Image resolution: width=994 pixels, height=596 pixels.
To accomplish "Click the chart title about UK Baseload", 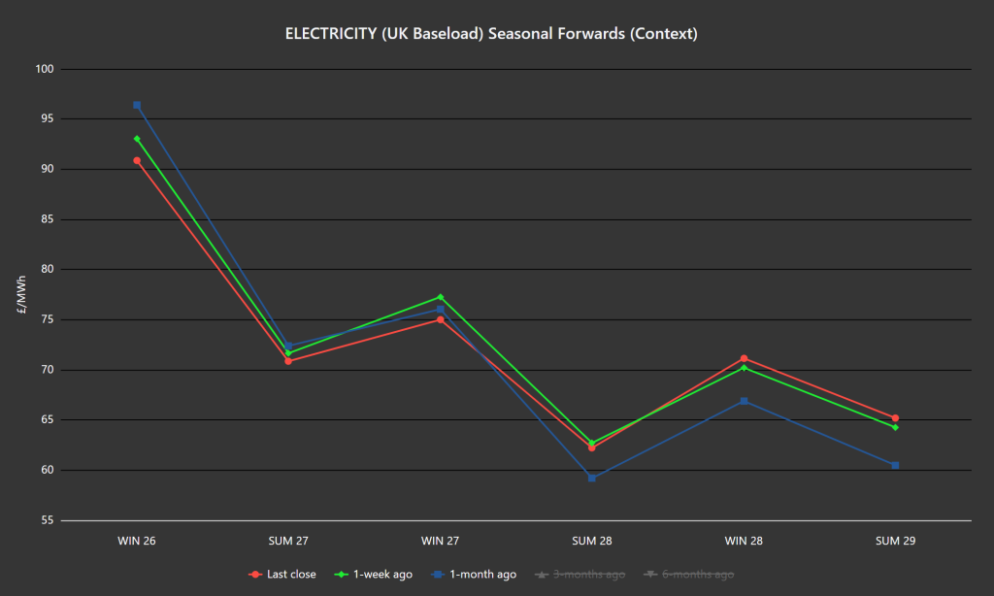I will coord(491,34).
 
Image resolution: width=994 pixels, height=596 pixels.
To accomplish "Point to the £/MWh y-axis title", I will coord(21,294).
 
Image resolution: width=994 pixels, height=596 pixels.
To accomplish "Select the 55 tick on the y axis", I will coord(47,520).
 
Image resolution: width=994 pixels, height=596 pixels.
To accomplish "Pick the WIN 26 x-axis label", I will coord(137,541).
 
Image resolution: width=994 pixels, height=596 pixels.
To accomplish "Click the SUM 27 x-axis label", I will coord(288,541).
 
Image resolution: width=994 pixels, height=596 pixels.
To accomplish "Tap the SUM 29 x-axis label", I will coord(895,541).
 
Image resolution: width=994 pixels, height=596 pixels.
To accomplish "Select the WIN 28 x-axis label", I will coord(744,541).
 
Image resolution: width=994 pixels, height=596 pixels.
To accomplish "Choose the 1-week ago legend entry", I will coord(379,575).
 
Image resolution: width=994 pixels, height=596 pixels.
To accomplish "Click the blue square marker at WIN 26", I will coord(137,105).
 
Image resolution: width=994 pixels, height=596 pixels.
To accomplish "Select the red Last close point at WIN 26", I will coord(137,160).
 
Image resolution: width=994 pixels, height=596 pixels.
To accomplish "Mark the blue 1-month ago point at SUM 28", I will coord(591,478).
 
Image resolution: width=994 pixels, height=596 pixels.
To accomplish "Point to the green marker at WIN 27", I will coord(440,297).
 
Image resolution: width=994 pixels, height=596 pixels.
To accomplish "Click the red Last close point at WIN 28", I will coord(744,358).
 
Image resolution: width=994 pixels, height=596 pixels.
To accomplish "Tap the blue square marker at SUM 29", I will coord(895,465).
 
